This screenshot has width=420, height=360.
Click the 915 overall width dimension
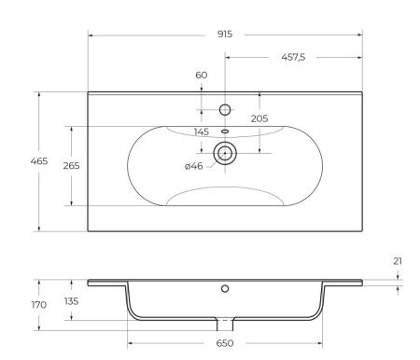tap(225, 35)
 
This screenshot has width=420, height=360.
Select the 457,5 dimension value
tap(294, 56)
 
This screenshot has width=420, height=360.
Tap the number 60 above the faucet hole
tap(202, 76)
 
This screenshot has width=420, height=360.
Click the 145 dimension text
tap(202, 132)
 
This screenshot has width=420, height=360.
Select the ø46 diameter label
tap(194, 165)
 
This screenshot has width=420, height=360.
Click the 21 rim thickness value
tap(398, 261)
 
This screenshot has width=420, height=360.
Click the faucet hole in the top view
tap(225, 109)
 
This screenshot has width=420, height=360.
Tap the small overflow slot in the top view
tap(225, 132)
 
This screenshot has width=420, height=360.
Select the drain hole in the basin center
tap(225, 152)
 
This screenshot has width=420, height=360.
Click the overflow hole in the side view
tap(225, 288)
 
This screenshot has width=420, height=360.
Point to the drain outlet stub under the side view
tap(225, 324)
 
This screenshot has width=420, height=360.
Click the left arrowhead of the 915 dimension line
tap(91, 35)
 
